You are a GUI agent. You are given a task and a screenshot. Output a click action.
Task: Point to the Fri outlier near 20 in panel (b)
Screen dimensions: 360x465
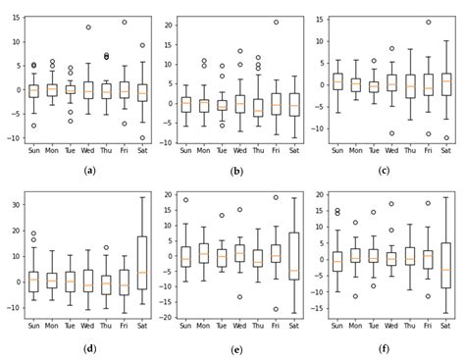[276, 22]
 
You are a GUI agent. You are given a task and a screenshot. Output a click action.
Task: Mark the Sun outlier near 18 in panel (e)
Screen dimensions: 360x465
[185, 200]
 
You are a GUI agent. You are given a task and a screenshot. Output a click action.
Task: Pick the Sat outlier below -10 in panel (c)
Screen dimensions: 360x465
[446, 138]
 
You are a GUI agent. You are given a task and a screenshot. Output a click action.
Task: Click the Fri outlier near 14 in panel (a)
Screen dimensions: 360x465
[124, 22]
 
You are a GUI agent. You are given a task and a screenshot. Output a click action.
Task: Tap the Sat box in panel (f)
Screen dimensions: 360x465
[446, 265]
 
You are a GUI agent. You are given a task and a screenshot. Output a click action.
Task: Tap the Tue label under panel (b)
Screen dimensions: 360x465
[222, 150]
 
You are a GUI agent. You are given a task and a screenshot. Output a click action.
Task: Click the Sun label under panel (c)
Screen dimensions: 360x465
[337, 150]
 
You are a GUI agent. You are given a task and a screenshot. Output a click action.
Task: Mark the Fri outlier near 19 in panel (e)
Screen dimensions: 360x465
[276, 197]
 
